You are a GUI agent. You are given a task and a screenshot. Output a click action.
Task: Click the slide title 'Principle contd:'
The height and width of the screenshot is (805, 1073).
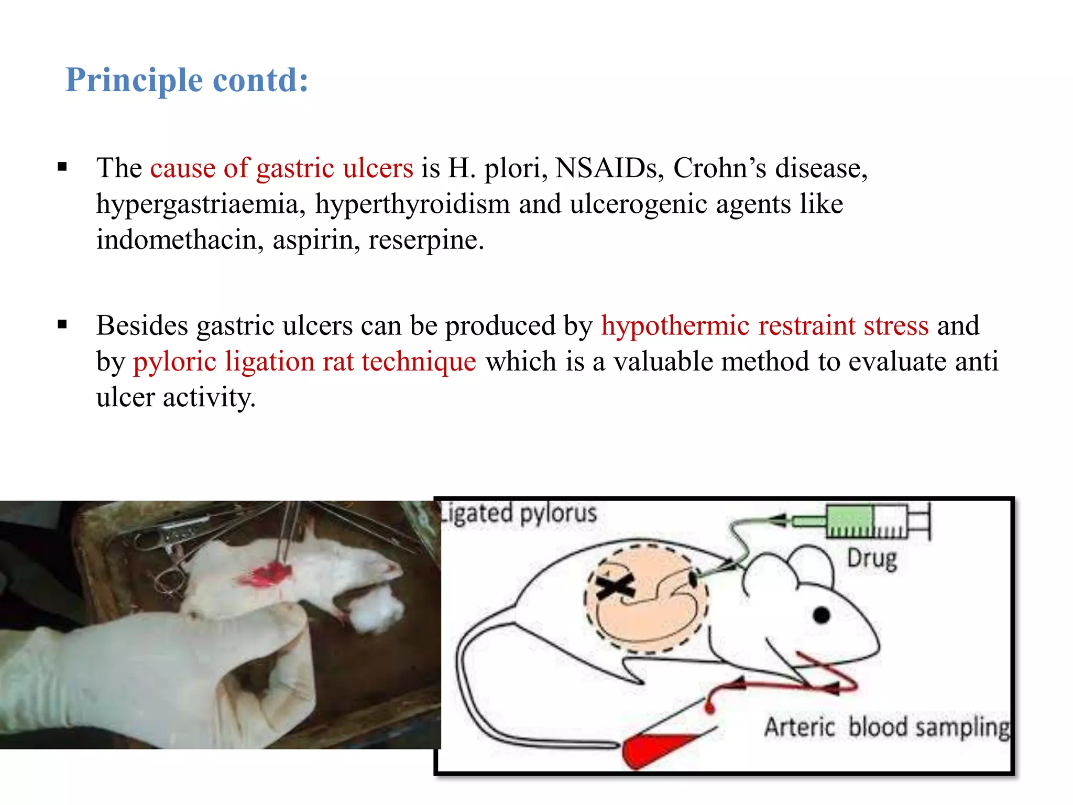click(x=187, y=80)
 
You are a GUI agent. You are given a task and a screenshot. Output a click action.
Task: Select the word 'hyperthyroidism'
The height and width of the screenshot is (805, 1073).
click(x=412, y=204)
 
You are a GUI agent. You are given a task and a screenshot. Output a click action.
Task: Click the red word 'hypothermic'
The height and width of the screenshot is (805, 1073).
click(x=675, y=325)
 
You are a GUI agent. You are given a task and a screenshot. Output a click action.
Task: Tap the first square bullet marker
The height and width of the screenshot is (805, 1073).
click(x=63, y=168)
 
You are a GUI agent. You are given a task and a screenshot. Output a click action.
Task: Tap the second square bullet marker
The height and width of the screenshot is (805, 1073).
click(x=63, y=325)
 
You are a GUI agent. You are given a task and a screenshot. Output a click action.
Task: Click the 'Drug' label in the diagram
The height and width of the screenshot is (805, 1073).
click(x=872, y=559)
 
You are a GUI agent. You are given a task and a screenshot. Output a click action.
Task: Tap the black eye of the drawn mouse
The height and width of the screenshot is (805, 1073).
click(x=821, y=615)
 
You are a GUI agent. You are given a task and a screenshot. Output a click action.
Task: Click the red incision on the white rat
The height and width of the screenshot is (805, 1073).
click(x=265, y=574)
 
